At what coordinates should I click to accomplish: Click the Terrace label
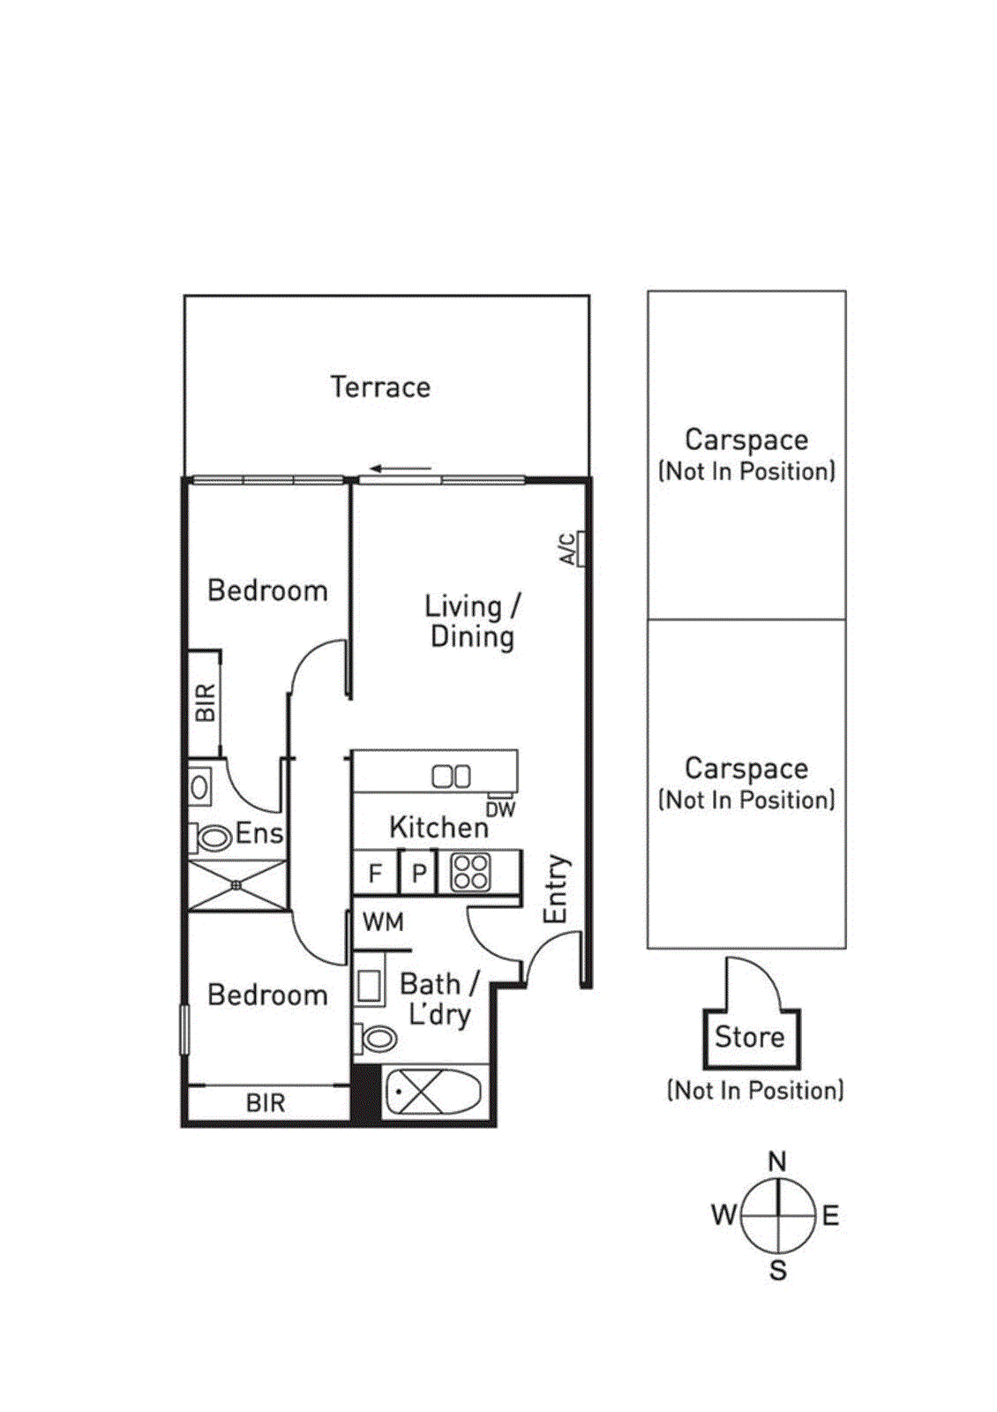tap(380, 387)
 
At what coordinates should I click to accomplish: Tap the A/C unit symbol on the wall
tap(581, 548)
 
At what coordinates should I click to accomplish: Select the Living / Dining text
tap(472, 621)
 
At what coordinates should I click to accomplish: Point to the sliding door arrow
tap(401, 469)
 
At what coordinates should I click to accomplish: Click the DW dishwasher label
tap(500, 810)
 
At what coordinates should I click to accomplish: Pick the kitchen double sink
tap(451, 777)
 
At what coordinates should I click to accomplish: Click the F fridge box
tap(375, 873)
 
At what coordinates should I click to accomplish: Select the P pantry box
tap(418, 873)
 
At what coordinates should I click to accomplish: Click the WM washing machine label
tap(383, 922)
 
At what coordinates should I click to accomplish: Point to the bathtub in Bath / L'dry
tap(433, 1092)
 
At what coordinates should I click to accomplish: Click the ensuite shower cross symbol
tap(237, 885)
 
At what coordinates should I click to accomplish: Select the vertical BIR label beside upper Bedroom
tap(206, 702)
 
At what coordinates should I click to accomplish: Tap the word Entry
tap(557, 889)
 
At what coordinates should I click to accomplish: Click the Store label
tap(749, 1036)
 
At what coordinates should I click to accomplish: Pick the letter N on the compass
tap(777, 1161)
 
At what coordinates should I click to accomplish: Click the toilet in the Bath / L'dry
tap(374, 1038)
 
